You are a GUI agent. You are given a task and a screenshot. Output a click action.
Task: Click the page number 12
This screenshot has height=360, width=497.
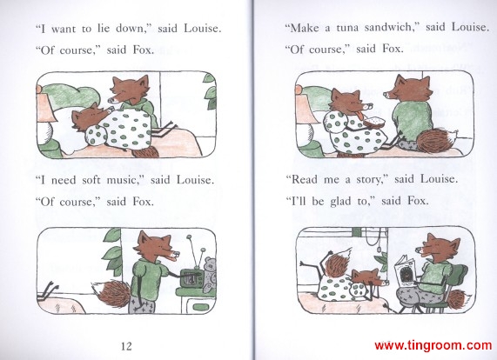(126, 346)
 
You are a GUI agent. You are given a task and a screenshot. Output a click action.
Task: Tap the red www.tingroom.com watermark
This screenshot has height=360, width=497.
(433, 345)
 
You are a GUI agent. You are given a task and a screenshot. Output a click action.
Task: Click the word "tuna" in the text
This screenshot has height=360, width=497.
(347, 28)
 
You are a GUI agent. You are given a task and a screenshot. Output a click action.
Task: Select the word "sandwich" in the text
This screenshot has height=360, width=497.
(390, 28)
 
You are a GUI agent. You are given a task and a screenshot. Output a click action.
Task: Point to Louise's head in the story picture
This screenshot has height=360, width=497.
(367, 278)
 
